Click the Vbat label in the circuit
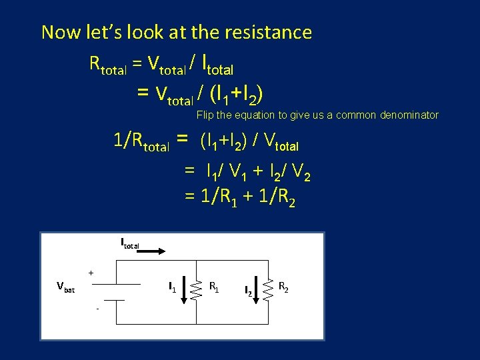click(x=65, y=287)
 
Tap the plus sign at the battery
click(x=91, y=273)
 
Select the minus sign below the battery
click(x=97, y=309)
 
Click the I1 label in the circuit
click(x=172, y=288)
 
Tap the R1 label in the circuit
click(x=215, y=287)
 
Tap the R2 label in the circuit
click(x=283, y=287)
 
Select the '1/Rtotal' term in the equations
click(x=141, y=141)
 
